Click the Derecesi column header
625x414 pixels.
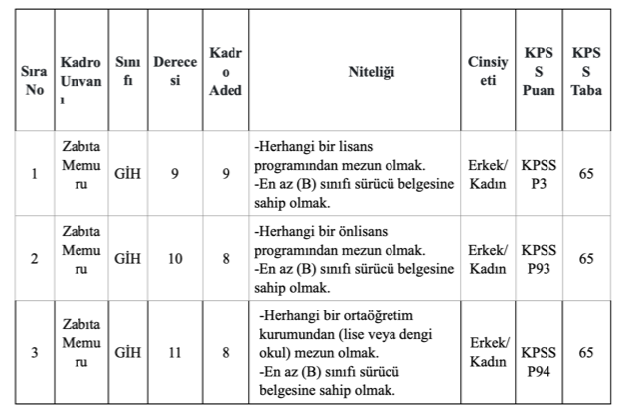click(x=175, y=74)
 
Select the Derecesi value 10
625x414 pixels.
click(x=175, y=259)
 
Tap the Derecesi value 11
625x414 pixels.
click(x=175, y=352)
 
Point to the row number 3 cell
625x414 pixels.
click(x=35, y=352)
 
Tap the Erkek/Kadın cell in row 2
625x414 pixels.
click(x=488, y=259)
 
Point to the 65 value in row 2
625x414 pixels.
click(x=586, y=259)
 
